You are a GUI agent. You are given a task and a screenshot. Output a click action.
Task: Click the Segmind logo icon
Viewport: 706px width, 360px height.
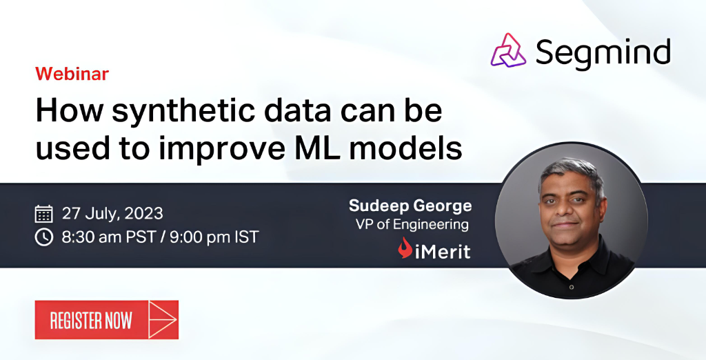point(509,50)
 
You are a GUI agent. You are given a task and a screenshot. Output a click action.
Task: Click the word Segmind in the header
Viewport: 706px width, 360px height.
point(603,52)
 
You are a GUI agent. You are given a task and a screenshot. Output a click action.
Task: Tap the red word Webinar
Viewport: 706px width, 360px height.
point(72,74)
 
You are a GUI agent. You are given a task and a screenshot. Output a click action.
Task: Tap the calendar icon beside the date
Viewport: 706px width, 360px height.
point(43,213)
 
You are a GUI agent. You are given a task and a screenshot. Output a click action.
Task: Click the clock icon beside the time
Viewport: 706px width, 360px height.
point(43,237)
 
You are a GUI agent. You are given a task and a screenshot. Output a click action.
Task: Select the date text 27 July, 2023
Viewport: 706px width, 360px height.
point(112,213)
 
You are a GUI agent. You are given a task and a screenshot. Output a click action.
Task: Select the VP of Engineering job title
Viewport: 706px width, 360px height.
point(412,224)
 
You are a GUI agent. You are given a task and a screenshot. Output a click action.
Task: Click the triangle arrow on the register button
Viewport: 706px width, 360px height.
point(163,320)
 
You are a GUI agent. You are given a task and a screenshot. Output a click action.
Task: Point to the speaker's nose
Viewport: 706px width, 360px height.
point(567,211)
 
